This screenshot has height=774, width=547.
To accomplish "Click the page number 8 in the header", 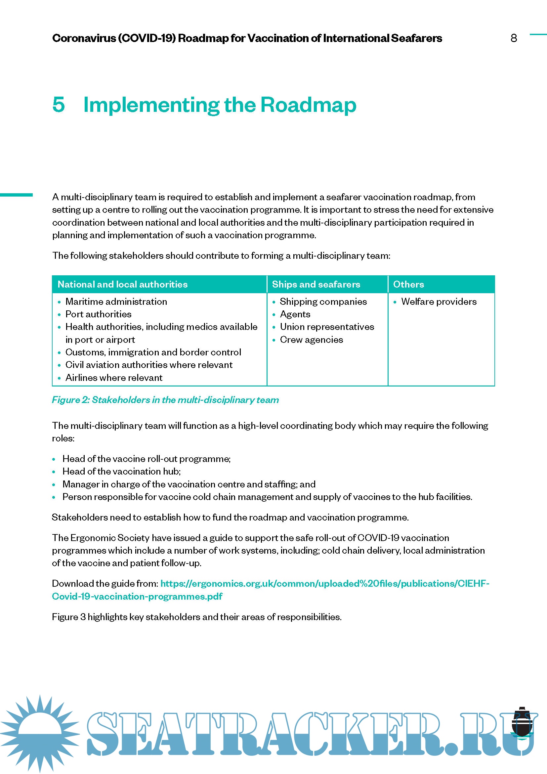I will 513,38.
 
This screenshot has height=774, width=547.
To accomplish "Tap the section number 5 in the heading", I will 59,105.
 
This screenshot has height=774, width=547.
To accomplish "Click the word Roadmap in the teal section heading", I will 308,105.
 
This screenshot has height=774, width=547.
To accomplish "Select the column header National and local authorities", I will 123,284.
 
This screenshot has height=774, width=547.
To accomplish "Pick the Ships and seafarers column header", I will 316,284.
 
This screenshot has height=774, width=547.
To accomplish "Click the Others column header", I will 408,284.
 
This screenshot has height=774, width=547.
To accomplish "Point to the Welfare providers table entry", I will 439,301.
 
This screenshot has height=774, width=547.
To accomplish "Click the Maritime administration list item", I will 116,301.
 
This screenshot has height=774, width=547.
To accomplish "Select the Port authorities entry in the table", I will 98,314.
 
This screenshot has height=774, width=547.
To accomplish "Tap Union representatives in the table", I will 327,327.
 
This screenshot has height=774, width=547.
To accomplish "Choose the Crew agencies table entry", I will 311,340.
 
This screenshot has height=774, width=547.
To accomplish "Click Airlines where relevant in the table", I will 114,378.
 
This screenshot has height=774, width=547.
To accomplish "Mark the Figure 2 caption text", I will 165,400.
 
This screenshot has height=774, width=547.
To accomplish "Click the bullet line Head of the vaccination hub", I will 121,471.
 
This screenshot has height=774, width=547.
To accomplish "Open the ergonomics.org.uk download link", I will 324,583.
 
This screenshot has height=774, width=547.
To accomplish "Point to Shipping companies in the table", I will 323,301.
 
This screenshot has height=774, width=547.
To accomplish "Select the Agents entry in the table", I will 295,314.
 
